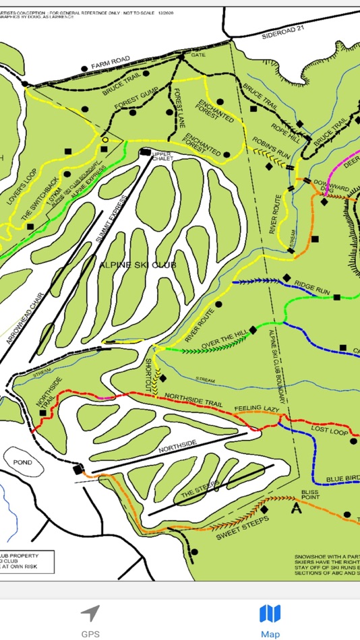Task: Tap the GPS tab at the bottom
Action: tap(90, 620)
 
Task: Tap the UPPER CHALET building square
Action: tap(144, 153)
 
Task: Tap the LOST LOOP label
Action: tap(328, 429)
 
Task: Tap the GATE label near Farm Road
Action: tap(198, 55)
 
